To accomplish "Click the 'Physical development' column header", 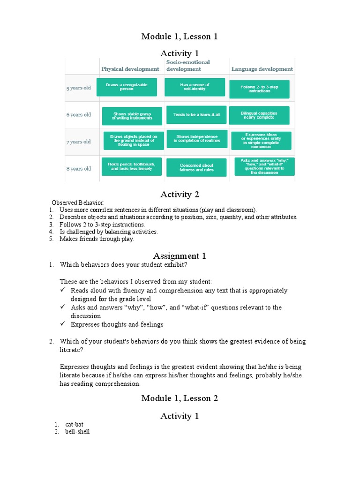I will pyautogui.click(x=130, y=69).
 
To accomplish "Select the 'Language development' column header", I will pyautogui.click(x=262, y=69).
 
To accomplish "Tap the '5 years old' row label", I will pyautogui.click(x=78, y=88).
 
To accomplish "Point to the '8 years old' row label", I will pyautogui.click(x=78, y=168).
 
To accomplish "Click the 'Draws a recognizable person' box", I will pyautogui.click(x=127, y=87).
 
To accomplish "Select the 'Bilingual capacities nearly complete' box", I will pyautogui.click(x=259, y=115).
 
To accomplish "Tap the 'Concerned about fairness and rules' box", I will pyautogui.click(x=196, y=167).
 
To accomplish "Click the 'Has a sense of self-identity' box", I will pyautogui.click(x=195, y=87).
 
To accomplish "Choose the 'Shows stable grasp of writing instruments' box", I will pyautogui.click(x=132, y=116).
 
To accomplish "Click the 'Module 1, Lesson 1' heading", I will pyautogui.click(x=180, y=37).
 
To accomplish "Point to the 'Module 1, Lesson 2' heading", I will pyautogui.click(x=180, y=398).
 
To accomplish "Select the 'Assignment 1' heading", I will pyautogui.click(x=180, y=256).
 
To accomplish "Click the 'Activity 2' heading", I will pyautogui.click(x=180, y=195).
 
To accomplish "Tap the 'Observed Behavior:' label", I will pyautogui.click(x=78, y=202).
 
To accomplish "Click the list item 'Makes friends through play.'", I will pyautogui.click(x=97, y=239).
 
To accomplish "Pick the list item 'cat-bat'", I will pyautogui.click(x=74, y=424).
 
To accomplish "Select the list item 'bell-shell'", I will pyautogui.click(x=77, y=432).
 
